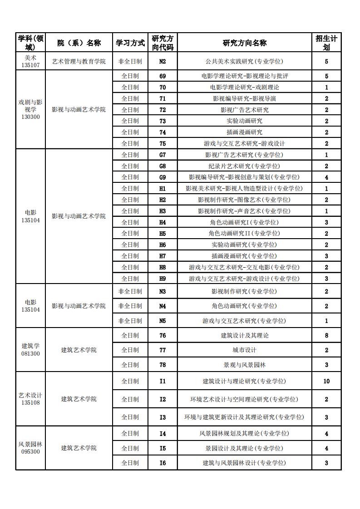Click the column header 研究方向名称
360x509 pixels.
pos(244,43)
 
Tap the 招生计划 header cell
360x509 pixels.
pos(326,43)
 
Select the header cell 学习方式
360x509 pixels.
pos(130,43)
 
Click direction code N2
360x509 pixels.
pos(163,61)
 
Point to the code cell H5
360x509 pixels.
pos(163,233)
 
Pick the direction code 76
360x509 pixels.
pos(163,336)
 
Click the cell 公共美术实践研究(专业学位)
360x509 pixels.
pos(244,61)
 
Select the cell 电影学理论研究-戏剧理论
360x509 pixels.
pos(244,87)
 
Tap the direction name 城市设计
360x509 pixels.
pos(244,350)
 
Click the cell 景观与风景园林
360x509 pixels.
pos(244,365)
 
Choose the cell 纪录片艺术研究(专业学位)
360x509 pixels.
pos(244,166)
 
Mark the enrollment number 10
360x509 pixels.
pos(326,381)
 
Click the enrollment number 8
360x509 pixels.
pos(326,336)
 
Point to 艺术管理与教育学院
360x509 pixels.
pos(79,61)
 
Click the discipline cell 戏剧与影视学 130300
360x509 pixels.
pos(30,109)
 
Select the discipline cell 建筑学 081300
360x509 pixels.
pos(30,350)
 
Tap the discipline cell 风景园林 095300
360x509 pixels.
pos(30,448)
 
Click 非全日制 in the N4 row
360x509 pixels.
pos(130,306)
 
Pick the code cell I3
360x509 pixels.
pos(163,417)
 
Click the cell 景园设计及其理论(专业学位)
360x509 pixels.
pos(244,448)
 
